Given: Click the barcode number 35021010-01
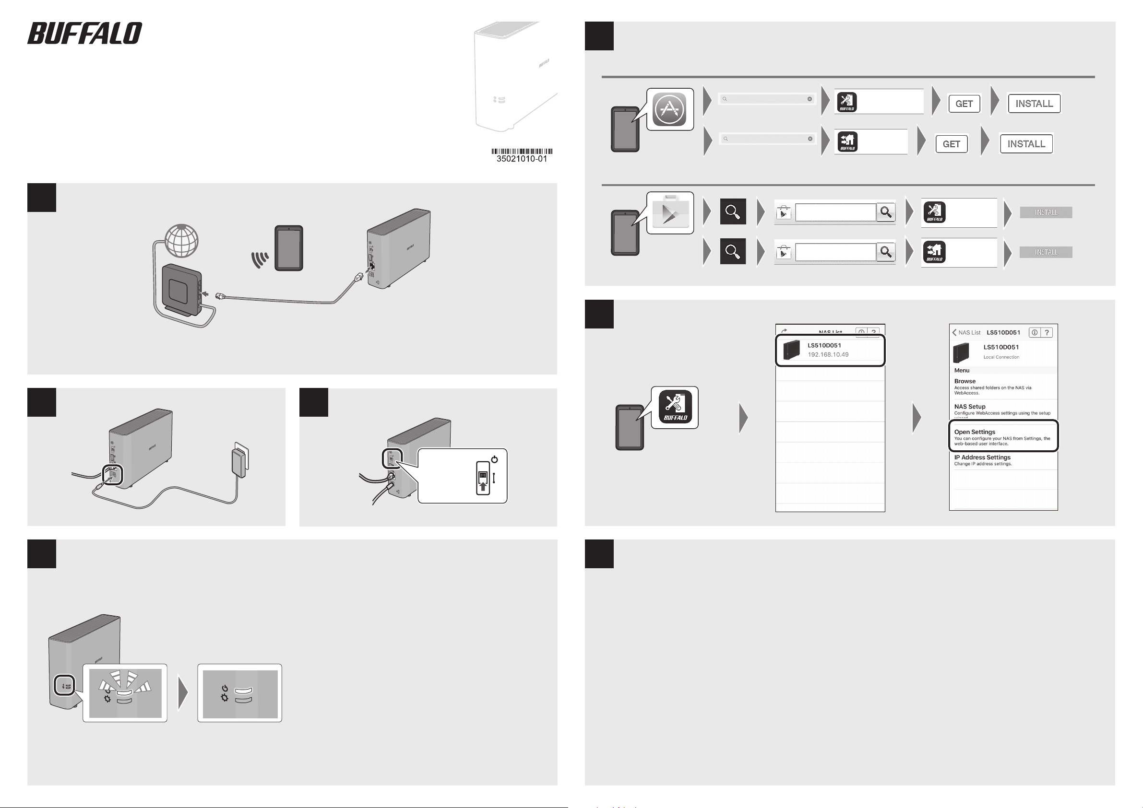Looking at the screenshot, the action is (522, 159).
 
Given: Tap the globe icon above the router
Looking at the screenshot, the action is (182, 241).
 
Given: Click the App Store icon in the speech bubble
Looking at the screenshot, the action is (669, 109).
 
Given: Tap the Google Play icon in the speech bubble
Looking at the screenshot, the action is (670, 213).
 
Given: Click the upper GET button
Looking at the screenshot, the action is (964, 104).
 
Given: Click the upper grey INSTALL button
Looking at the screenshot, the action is (1046, 212).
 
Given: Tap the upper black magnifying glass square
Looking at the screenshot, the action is (733, 211).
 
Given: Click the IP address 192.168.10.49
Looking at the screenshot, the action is (828, 355).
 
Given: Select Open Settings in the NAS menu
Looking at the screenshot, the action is (975, 432).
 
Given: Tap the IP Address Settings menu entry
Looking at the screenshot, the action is (982, 457).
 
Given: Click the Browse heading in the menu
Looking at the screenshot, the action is (965, 381).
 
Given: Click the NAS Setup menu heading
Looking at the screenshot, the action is (970, 407).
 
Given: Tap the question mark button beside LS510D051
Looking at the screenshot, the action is (1047, 332).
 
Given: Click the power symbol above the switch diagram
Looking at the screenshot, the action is (494, 459).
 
